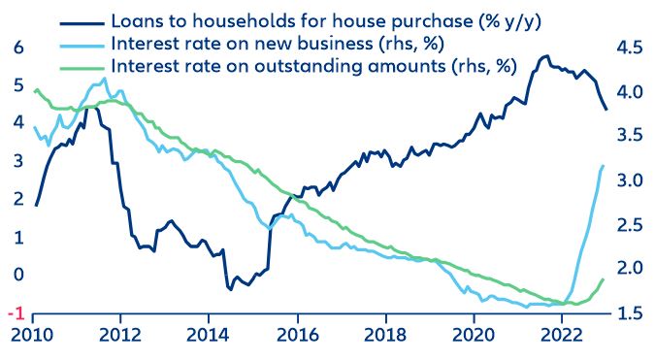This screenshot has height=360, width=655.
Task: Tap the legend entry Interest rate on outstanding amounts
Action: click(x=314, y=66)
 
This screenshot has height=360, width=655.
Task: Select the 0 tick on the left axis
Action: click(x=15, y=275)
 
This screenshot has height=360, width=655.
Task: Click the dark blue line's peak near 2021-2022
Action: click(x=546, y=56)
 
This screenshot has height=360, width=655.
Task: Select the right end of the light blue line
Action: click(x=603, y=166)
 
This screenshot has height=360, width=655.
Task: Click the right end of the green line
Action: click(x=604, y=279)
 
